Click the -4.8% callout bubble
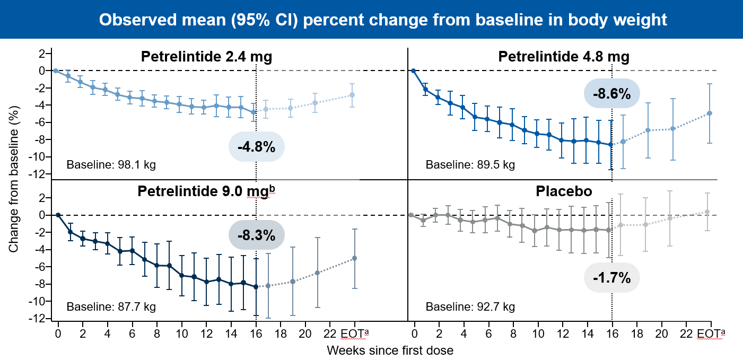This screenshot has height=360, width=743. click(257, 146)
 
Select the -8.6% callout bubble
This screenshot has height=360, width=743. click(612, 94)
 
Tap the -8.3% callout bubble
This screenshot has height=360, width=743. click(257, 234)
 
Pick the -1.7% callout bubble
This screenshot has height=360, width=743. click(612, 277)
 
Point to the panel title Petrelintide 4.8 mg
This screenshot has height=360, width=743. click(564, 57)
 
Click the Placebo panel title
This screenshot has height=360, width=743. click(564, 191)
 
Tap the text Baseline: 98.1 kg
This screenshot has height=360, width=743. click(111, 164)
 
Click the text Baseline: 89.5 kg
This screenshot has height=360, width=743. click(470, 164)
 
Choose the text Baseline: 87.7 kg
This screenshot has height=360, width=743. click(111, 306)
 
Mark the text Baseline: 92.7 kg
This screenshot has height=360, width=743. click(470, 306)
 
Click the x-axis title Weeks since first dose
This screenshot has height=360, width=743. click(390, 350)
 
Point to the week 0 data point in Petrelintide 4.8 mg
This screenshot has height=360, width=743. click(413, 71)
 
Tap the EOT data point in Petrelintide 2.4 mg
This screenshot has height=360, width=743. click(352, 95)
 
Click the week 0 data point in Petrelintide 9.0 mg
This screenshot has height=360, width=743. click(58, 215)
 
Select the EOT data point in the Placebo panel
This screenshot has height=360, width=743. click(707, 212)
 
